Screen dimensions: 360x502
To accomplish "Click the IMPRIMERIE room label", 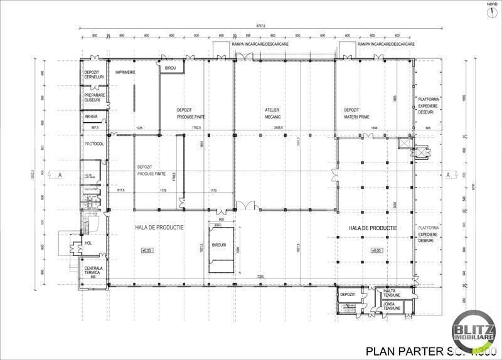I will (x=125, y=72).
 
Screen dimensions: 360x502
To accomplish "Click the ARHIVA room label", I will (x=92, y=116).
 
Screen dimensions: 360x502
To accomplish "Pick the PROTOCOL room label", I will (x=93, y=144).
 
